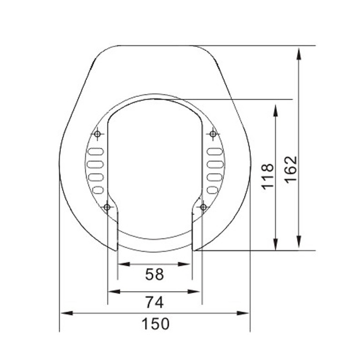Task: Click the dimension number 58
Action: click(x=154, y=275)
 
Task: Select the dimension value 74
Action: click(x=154, y=302)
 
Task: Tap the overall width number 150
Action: click(x=155, y=324)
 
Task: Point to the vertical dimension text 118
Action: click(x=267, y=176)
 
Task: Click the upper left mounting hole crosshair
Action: click(x=98, y=135)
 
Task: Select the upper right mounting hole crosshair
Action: click(x=212, y=135)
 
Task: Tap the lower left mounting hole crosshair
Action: click(x=107, y=207)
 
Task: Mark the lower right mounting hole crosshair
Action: click(x=203, y=207)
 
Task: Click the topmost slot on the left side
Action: click(x=96, y=152)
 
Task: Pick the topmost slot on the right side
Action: click(x=214, y=152)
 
